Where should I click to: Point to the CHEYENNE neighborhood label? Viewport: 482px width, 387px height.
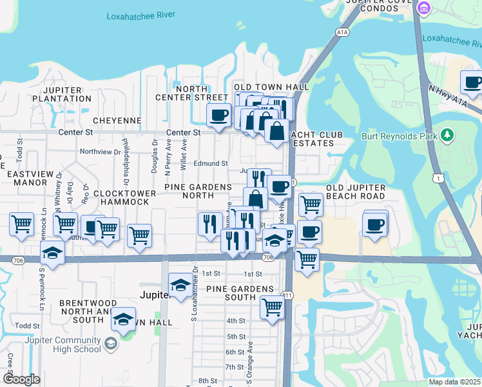(117, 121)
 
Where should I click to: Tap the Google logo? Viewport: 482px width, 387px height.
(21, 379)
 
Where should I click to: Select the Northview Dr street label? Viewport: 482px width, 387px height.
(100, 152)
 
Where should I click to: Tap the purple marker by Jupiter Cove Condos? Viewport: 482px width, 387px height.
(423, 8)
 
